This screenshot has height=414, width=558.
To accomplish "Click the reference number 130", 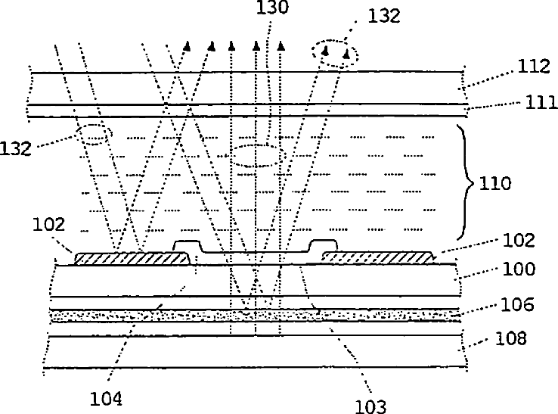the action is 272,7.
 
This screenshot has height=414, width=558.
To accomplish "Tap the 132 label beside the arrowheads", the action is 384,16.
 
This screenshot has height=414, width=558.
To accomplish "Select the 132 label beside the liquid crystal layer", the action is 15,148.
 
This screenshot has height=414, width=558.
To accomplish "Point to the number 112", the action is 534,67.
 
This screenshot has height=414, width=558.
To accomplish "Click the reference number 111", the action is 541,102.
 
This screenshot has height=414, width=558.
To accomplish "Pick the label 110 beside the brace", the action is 495,183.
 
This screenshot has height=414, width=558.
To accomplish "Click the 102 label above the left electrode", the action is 48,225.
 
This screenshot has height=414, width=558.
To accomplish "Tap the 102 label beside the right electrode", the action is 519,240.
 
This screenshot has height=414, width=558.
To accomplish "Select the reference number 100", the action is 519,269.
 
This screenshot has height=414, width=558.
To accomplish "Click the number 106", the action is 517,304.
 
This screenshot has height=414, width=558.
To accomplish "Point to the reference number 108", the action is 510,338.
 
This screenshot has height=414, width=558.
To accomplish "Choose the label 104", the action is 106,399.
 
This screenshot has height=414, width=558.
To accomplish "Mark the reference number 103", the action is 370,406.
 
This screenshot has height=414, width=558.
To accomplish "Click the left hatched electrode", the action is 132,258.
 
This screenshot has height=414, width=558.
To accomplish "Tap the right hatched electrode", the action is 378,257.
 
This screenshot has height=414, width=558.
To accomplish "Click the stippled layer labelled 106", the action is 256,316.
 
